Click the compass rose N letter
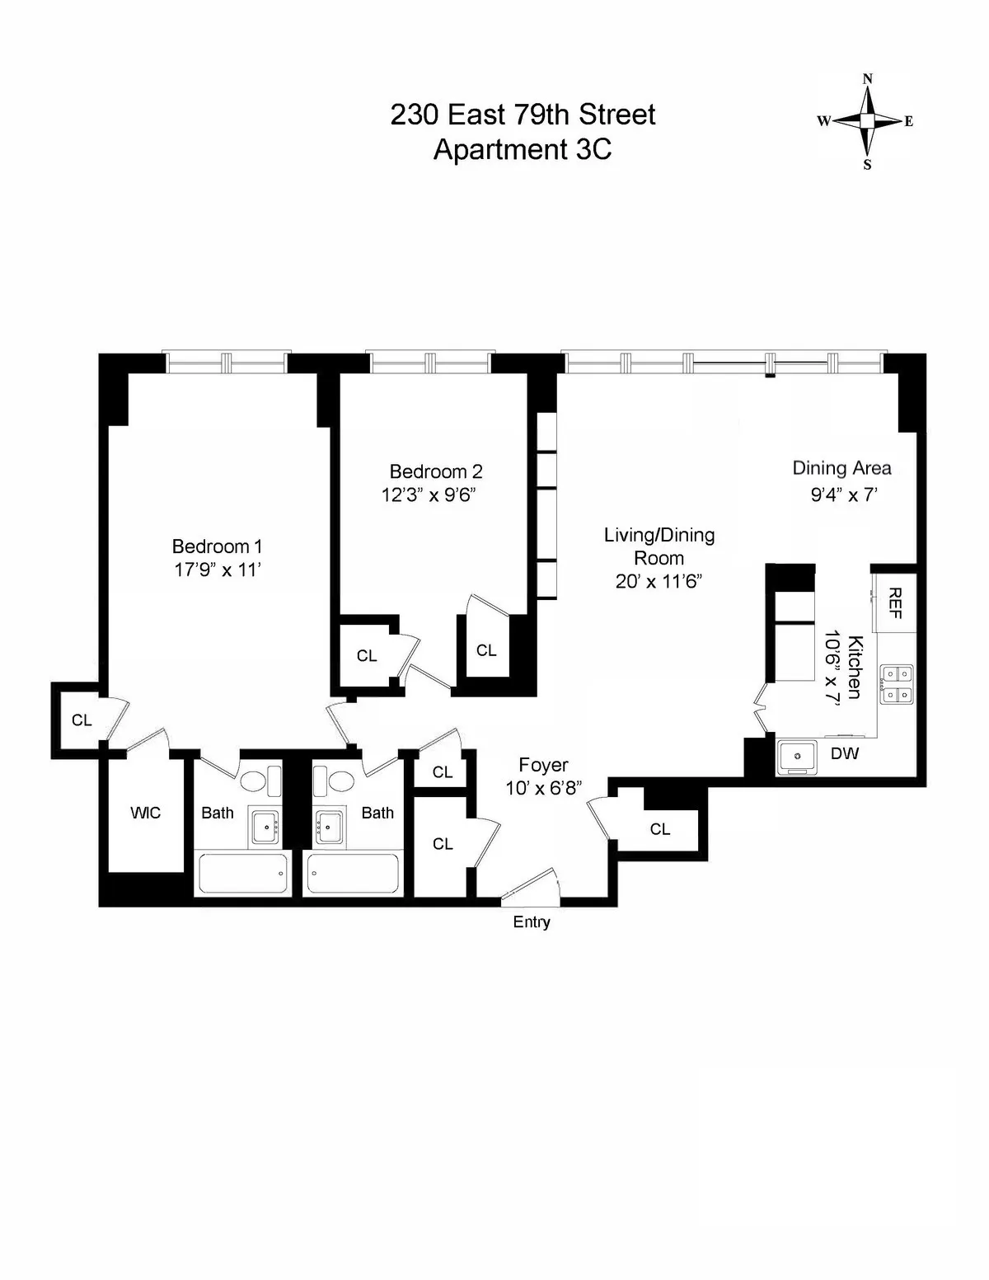coord(867,80)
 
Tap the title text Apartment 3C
coord(523,150)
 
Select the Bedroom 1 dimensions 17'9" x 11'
coord(218,570)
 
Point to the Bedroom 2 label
coord(436,471)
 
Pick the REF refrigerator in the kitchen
coord(895,602)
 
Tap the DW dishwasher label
coord(844,753)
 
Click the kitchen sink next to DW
coord(797,756)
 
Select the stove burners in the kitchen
coord(894,684)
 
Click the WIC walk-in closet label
coord(145,813)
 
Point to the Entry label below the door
coord(532,922)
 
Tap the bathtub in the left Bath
coord(243,874)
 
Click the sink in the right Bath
coord(331,825)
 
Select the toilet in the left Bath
coord(254,780)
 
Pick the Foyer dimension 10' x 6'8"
coord(544,788)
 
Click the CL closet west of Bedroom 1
coord(81,720)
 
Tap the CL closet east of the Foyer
coord(659,829)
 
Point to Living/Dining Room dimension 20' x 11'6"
coord(659,581)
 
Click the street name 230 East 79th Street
coord(523,115)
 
